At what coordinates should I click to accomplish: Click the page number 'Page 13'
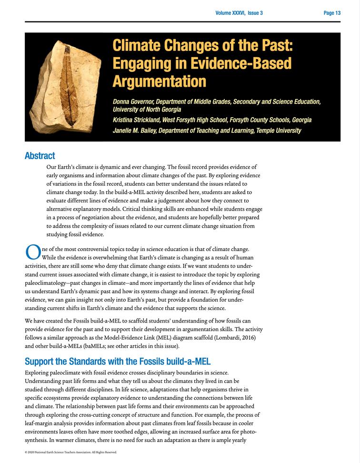click(x=332, y=13)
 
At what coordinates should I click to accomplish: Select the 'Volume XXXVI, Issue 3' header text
click(x=239, y=13)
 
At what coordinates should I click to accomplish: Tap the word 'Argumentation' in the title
click(x=159, y=81)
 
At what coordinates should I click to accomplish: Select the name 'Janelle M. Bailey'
click(x=134, y=130)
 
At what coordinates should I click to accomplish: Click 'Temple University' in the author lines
click(x=279, y=130)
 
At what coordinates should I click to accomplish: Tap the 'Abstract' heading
click(x=40, y=155)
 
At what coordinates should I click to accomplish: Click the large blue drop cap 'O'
click(x=32, y=252)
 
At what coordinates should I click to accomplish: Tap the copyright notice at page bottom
click(x=70, y=452)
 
